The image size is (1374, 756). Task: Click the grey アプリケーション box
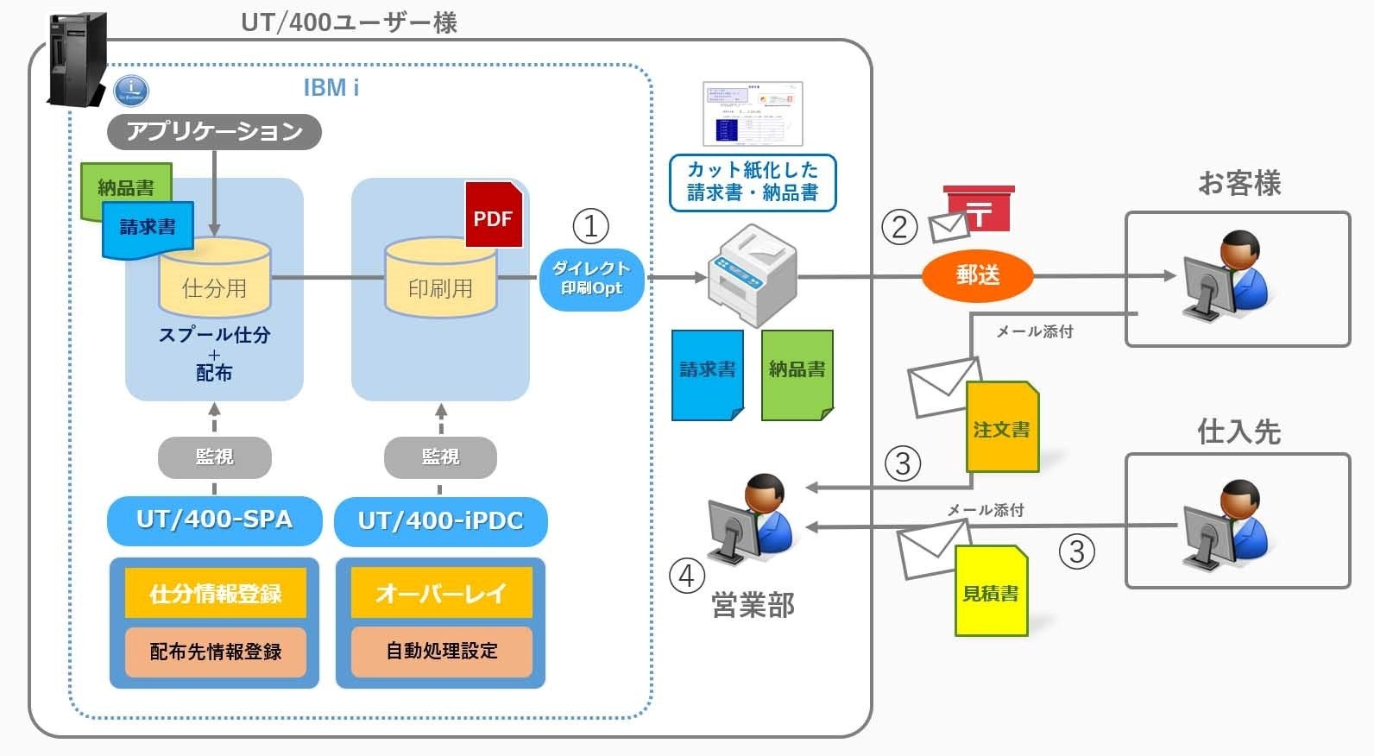(x=214, y=131)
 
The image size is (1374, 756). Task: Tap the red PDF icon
(x=494, y=215)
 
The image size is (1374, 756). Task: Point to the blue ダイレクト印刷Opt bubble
(x=591, y=278)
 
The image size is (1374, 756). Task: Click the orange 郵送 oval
(x=977, y=275)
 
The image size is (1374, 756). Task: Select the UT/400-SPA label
(x=214, y=520)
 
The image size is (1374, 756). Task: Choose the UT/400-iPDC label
(x=440, y=521)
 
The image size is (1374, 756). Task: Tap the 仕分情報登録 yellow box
(x=215, y=593)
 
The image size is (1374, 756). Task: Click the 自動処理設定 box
(x=441, y=652)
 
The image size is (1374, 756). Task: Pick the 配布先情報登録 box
(x=215, y=652)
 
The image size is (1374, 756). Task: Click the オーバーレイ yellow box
(x=441, y=593)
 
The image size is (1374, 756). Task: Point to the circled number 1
(x=590, y=227)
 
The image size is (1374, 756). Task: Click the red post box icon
(x=978, y=208)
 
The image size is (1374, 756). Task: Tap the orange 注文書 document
(x=1002, y=427)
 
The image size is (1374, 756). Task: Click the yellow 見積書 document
(x=991, y=592)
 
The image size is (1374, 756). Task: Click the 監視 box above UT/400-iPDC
(x=440, y=457)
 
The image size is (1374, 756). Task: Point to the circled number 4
(x=687, y=576)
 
